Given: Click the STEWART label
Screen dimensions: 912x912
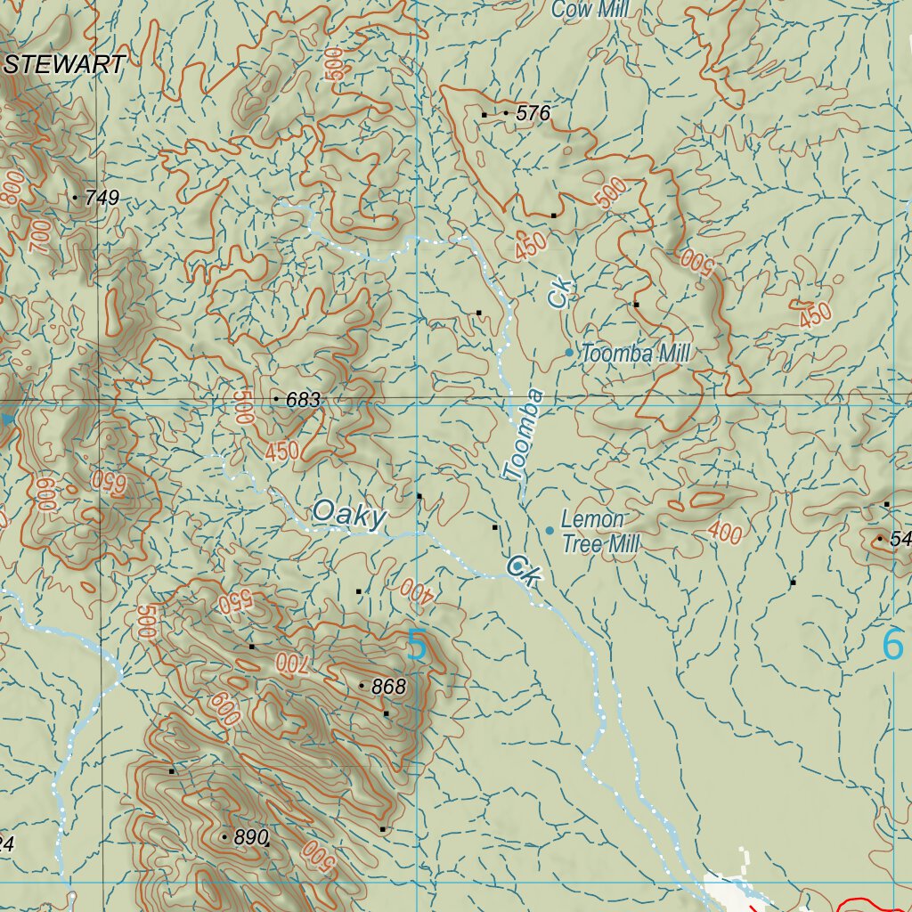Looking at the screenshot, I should pyautogui.click(x=64, y=64).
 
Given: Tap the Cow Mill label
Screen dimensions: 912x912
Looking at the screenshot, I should pyautogui.click(x=591, y=10).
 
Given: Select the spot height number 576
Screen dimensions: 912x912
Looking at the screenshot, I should pyautogui.click(x=533, y=113).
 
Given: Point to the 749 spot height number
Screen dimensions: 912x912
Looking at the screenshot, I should pyautogui.click(x=102, y=198).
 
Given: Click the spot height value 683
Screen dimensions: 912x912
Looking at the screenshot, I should pyautogui.click(x=303, y=401).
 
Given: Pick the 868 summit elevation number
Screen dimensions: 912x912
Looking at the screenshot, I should pyautogui.click(x=388, y=687).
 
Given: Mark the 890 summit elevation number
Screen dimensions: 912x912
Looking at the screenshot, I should pyautogui.click(x=251, y=838).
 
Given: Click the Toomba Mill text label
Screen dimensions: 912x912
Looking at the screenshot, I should pyautogui.click(x=635, y=354).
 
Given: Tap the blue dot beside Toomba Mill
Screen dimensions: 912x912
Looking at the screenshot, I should pyautogui.click(x=569, y=353).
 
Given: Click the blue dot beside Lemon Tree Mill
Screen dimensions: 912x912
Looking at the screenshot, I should pyautogui.click(x=550, y=531).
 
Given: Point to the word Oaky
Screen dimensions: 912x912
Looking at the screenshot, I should pyautogui.click(x=349, y=515).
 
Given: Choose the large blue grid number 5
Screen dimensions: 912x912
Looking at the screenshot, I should pyautogui.click(x=417, y=646).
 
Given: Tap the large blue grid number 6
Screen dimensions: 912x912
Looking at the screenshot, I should pyautogui.click(x=892, y=645).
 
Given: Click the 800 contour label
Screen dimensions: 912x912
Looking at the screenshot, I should pyautogui.click(x=12, y=188).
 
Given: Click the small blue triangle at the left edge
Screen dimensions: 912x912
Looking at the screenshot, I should pyautogui.click(x=8, y=419).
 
